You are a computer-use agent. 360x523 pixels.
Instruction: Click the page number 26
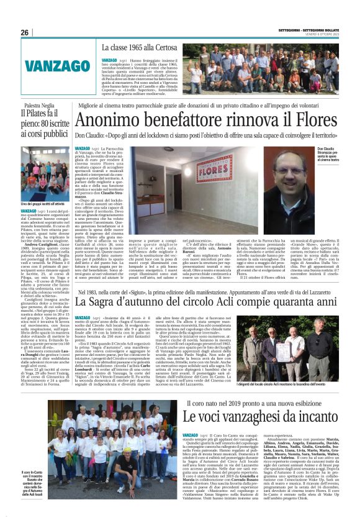[x=24, y=32]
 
